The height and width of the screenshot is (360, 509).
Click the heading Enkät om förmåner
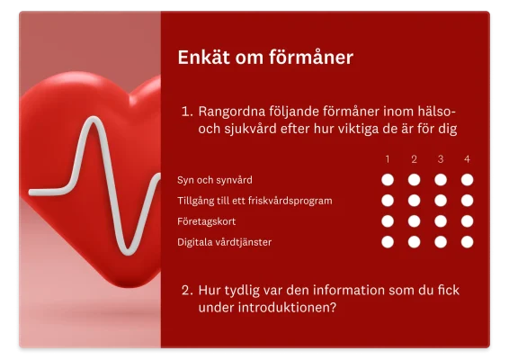pyautogui.click(x=265, y=58)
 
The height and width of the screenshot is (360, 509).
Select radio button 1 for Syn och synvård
pyautogui.click(x=388, y=179)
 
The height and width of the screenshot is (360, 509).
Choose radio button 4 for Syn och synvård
pyautogui.click(x=467, y=179)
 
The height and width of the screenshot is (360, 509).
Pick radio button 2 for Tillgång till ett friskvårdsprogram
pyautogui.click(x=414, y=200)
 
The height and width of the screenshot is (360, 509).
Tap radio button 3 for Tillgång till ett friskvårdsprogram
pyautogui.click(x=441, y=200)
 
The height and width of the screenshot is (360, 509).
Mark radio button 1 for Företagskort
pyautogui.click(x=388, y=220)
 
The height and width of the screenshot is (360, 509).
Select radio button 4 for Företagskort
pyautogui.click(x=467, y=220)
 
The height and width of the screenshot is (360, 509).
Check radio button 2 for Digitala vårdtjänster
pyautogui.click(x=414, y=241)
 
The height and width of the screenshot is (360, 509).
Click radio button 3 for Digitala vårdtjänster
pyautogui.click(x=441, y=241)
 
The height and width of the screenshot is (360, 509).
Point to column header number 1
pyautogui.click(x=388, y=159)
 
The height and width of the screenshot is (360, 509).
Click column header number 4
pyautogui.click(x=467, y=159)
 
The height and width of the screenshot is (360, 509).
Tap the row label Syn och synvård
pyautogui.click(x=215, y=180)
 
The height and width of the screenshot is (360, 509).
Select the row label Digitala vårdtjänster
pyautogui.click(x=224, y=241)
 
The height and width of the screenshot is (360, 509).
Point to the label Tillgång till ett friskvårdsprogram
pyautogui.click(x=254, y=200)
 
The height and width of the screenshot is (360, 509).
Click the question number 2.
pyautogui.click(x=186, y=291)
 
